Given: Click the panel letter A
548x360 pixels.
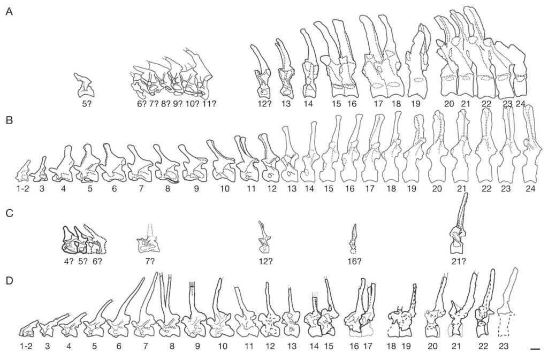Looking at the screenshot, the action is (x=10, y=12).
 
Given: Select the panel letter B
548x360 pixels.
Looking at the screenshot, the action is (x=10, y=121).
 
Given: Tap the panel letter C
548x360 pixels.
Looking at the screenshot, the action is (x=10, y=213).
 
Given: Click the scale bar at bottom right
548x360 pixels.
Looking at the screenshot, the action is (x=535, y=348).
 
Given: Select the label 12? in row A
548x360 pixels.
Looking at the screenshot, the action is (x=262, y=104).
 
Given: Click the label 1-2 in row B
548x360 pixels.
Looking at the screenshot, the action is (x=24, y=189).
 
